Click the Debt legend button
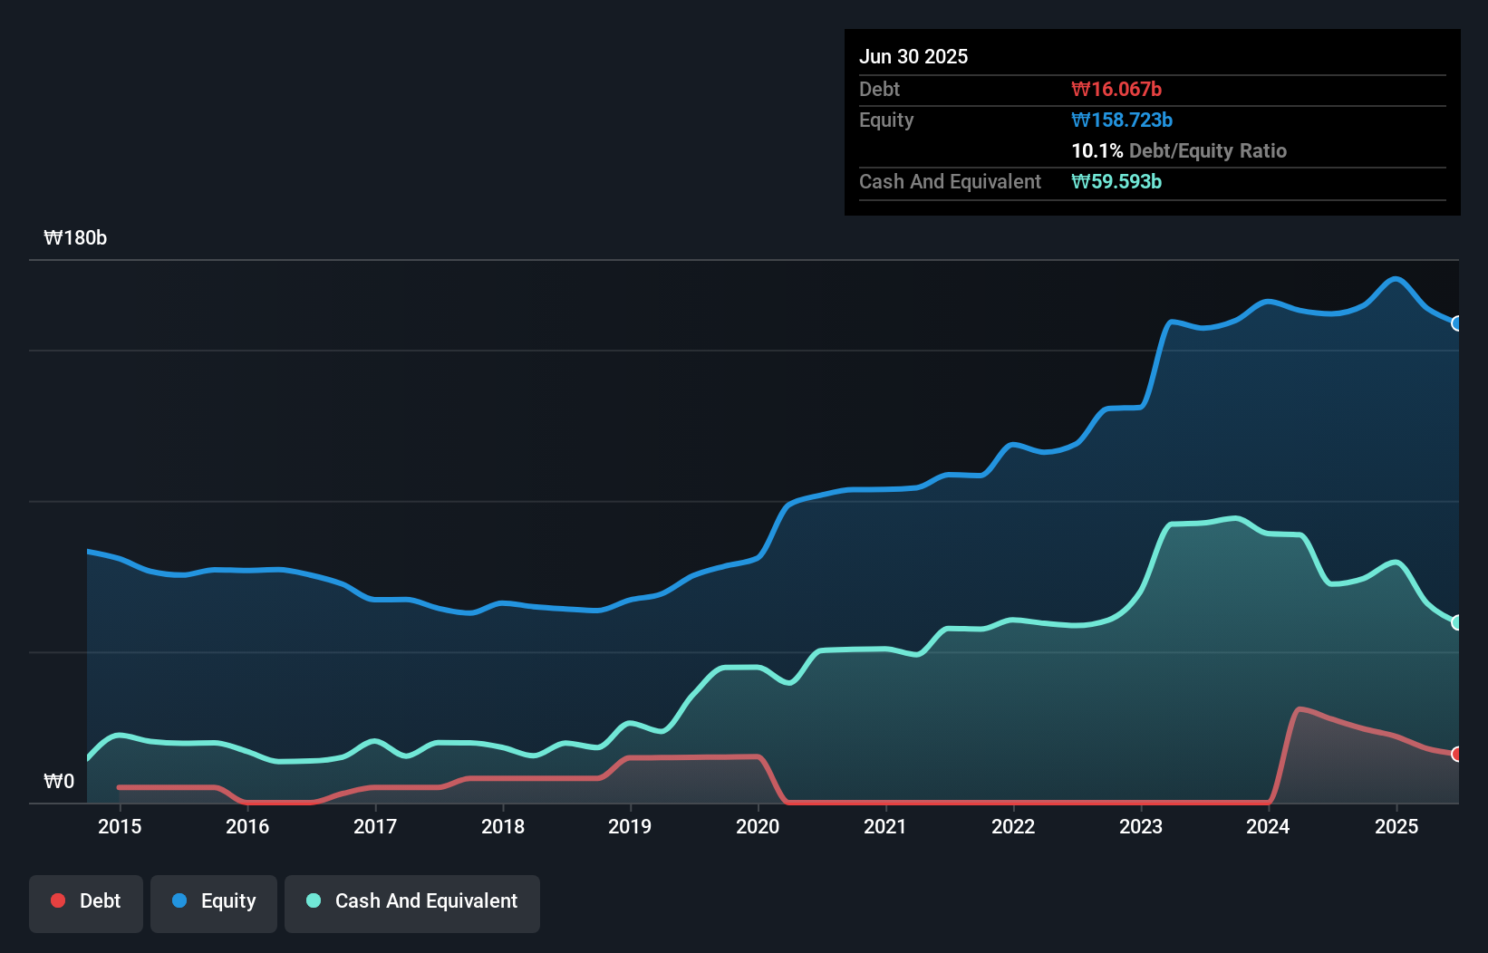(x=86, y=901)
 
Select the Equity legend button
(x=214, y=901)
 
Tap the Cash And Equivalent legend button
(x=412, y=901)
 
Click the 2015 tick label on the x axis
(x=120, y=826)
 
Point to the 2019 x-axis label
(x=630, y=826)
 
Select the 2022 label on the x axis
(x=1013, y=826)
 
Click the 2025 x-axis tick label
(x=1396, y=826)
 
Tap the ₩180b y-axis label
(x=75, y=237)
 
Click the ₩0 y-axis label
(x=59, y=781)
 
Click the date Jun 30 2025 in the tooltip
(x=913, y=56)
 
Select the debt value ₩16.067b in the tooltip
(x=1116, y=89)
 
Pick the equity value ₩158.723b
(x=1122, y=120)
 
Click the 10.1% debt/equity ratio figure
(x=1097, y=150)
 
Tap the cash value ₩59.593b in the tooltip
(x=1116, y=181)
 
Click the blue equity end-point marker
(x=1456, y=323)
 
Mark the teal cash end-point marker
(x=1456, y=622)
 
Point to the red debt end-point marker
(x=1456, y=754)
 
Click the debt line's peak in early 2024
(x=1300, y=709)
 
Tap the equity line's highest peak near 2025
(x=1396, y=279)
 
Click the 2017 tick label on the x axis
(x=375, y=826)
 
